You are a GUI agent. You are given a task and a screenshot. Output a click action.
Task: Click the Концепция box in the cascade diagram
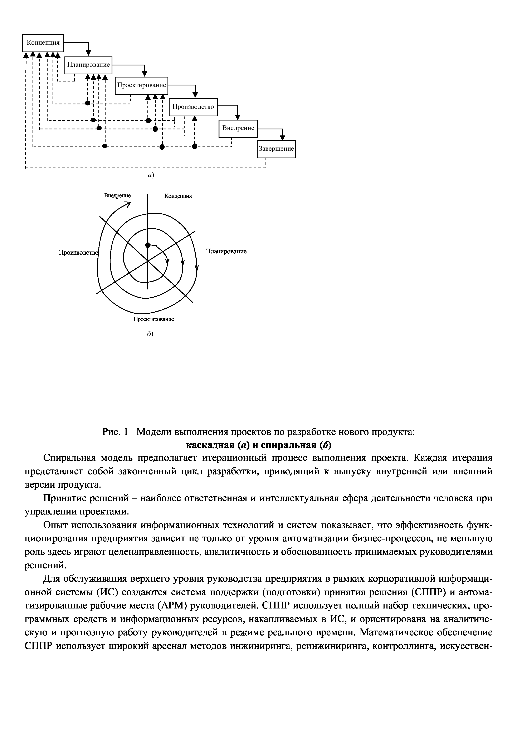(x=43, y=43)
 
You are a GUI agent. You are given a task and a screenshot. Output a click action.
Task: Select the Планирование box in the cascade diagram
(x=88, y=65)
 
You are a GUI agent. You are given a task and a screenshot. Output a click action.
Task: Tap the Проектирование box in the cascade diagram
(x=141, y=85)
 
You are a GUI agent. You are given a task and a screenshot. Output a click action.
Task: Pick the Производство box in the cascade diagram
(x=193, y=107)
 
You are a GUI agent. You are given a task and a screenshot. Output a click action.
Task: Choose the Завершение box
(x=276, y=149)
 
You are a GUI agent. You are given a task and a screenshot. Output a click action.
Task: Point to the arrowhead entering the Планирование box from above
(x=89, y=53)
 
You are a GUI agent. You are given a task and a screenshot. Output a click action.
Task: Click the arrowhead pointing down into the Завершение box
(x=283, y=138)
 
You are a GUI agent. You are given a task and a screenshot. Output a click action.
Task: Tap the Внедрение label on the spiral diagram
(x=117, y=195)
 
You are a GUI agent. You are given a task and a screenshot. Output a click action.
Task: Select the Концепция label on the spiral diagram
(x=178, y=196)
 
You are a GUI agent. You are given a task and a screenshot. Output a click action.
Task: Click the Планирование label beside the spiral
(x=226, y=252)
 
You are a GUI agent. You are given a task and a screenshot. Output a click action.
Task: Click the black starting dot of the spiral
(x=147, y=245)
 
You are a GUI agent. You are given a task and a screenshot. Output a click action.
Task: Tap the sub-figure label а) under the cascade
(x=150, y=175)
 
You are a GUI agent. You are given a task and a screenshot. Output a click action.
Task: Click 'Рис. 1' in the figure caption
(x=115, y=432)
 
